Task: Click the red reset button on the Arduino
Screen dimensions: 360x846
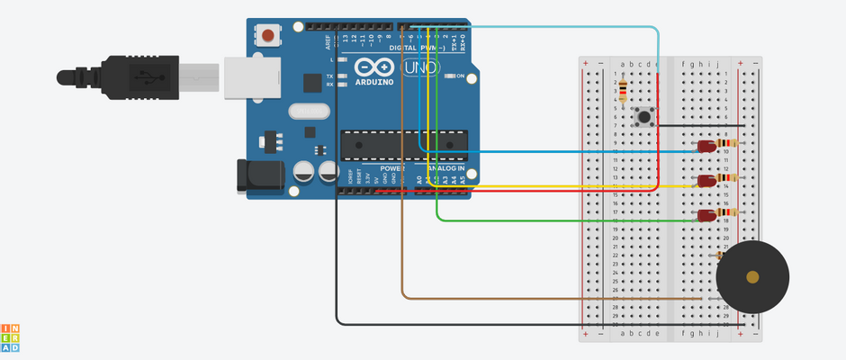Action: coord(268,36)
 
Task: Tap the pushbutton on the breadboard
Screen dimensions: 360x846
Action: coord(644,116)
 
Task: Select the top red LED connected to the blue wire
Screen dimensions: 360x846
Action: coord(706,145)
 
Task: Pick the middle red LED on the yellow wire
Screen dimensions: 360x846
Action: coord(706,180)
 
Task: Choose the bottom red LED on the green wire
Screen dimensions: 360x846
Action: coord(706,215)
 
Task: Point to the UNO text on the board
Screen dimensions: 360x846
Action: coord(419,67)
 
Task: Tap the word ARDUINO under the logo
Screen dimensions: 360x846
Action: coord(375,82)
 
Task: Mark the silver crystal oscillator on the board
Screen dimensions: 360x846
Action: coord(309,111)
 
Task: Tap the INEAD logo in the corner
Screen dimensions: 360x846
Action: coord(11,337)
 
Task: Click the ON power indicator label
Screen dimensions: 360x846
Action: coord(460,76)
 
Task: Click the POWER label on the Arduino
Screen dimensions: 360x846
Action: coord(392,168)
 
